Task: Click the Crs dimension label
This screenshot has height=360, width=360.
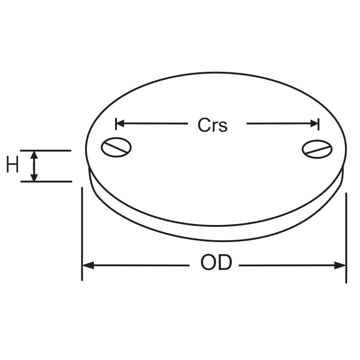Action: (x=213, y=125)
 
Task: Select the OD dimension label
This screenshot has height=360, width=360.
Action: (x=216, y=263)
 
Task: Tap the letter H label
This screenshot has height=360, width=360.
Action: (x=12, y=165)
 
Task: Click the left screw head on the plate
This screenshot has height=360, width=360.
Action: (x=116, y=147)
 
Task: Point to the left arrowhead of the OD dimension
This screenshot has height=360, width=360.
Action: (x=88, y=265)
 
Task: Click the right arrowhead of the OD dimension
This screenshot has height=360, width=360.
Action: (x=341, y=265)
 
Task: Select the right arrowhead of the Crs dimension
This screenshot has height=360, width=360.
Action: (x=314, y=124)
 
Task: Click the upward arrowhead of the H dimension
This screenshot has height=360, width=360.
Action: (x=34, y=155)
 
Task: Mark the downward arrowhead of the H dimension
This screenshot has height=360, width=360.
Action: (x=34, y=177)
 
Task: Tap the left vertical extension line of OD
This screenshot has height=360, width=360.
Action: (x=82, y=233)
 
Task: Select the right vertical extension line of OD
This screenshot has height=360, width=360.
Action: (x=346, y=238)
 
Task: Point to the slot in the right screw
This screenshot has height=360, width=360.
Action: (x=318, y=150)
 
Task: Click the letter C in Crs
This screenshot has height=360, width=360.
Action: (x=204, y=125)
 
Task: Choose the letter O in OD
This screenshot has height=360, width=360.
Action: (x=208, y=263)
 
